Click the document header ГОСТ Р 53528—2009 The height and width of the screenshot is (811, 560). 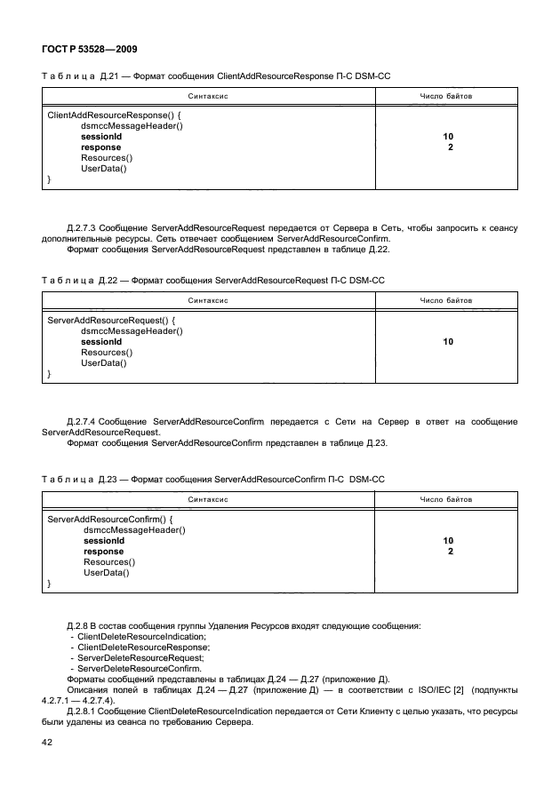click(89, 50)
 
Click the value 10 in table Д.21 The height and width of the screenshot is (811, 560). click(448, 137)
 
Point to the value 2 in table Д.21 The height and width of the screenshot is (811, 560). click(451, 147)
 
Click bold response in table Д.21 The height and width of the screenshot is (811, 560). click(101, 147)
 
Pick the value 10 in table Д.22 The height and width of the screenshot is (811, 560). click(448, 341)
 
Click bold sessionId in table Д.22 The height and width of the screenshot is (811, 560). click(101, 341)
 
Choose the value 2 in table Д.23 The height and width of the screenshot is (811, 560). click(451, 552)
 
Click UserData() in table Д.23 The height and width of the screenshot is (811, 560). click(107, 573)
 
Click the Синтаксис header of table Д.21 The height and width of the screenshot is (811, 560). click(209, 95)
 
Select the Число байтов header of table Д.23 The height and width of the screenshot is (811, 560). click(445, 500)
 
